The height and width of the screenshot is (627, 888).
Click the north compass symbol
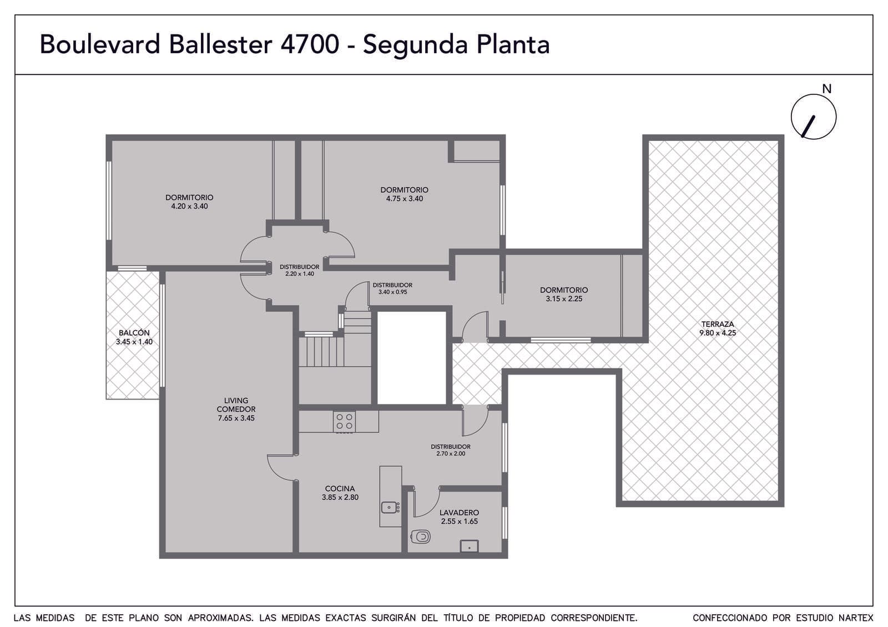(813, 117)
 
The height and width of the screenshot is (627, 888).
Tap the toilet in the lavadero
(421, 537)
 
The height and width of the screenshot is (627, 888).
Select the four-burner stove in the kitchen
(344, 421)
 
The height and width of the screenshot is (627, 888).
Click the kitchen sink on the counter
(391, 507)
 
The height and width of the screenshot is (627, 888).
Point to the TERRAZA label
(718, 324)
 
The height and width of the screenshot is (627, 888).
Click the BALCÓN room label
(134, 333)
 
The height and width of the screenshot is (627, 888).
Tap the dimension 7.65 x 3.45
(236, 418)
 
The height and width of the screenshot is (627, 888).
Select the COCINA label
(340, 489)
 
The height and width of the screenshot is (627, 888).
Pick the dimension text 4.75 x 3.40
(405, 199)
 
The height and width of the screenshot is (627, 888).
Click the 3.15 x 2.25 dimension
(564, 299)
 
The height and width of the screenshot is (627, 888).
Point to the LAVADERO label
(459, 513)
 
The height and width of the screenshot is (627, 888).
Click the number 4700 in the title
(310, 44)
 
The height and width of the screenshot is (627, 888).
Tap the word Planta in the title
(513, 44)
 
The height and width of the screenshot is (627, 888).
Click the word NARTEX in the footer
(855, 618)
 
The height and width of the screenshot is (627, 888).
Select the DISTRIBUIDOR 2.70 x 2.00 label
(451, 450)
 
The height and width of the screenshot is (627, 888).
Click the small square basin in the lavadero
(469, 546)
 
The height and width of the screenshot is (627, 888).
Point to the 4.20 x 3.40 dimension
(189, 206)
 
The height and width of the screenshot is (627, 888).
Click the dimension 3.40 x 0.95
(392, 292)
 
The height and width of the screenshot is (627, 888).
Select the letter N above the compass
(826, 89)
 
